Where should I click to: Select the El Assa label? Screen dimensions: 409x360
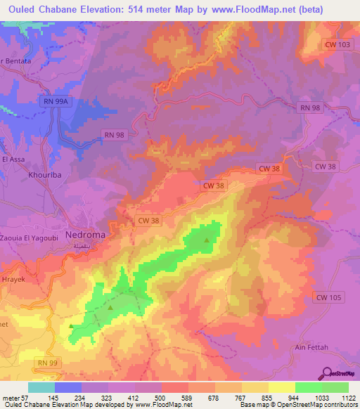click(x=14, y=160)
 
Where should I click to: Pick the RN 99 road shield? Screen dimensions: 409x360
click(x=46, y=361)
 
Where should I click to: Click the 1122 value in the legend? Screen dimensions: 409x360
click(x=347, y=398)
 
